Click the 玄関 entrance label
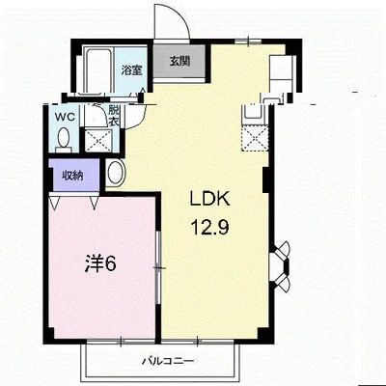[x=179, y=61]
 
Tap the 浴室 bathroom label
[x=131, y=69]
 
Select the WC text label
[x=65, y=117]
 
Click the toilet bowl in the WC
[x=64, y=138]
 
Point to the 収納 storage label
[x=72, y=176]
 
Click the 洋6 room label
[x=100, y=263]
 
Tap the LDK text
[x=210, y=199]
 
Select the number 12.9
[x=209, y=228]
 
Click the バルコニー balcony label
[x=168, y=361]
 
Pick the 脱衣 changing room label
[x=114, y=116]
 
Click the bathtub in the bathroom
[x=96, y=69]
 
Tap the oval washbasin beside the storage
[x=115, y=173]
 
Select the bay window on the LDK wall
[x=281, y=266]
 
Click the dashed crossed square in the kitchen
[x=256, y=138]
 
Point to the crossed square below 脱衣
[x=98, y=141]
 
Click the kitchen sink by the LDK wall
[x=255, y=113]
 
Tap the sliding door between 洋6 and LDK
[x=157, y=267]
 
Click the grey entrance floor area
[x=179, y=61]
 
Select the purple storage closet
[x=73, y=176]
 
